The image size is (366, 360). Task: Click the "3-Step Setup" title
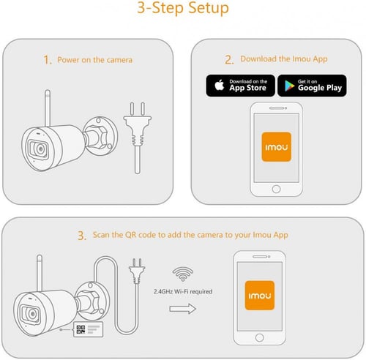tap(183, 8)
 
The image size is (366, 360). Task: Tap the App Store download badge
tap(240, 86)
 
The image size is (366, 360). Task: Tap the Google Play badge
tap(312, 86)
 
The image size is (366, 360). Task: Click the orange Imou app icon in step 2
tap(277, 147)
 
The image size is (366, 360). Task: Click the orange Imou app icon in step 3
tap(260, 296)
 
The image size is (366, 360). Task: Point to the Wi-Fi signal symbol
tap(183, 274)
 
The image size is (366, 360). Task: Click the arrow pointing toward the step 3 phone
tap(183, 309)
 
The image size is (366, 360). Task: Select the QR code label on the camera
tap(88, 329)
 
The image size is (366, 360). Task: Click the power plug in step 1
tap(138, 138)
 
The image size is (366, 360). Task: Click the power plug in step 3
tap(137, 271)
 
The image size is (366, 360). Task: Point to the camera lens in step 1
tap(40, 149)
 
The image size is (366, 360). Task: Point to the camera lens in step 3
tap(31, 314)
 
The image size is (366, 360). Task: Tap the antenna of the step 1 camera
tap(48, 108)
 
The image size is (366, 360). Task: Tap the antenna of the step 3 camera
tap(40, 273)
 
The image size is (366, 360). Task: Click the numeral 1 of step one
tap(47, 60)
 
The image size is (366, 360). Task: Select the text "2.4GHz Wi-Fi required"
tap(183, 291)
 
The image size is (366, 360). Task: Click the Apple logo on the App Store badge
tap(220, 85)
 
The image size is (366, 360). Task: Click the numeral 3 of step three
tap(81, 236)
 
